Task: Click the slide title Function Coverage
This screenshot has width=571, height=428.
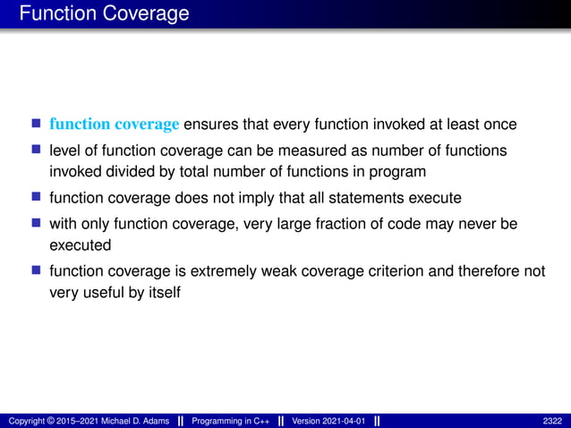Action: [104, 13]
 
